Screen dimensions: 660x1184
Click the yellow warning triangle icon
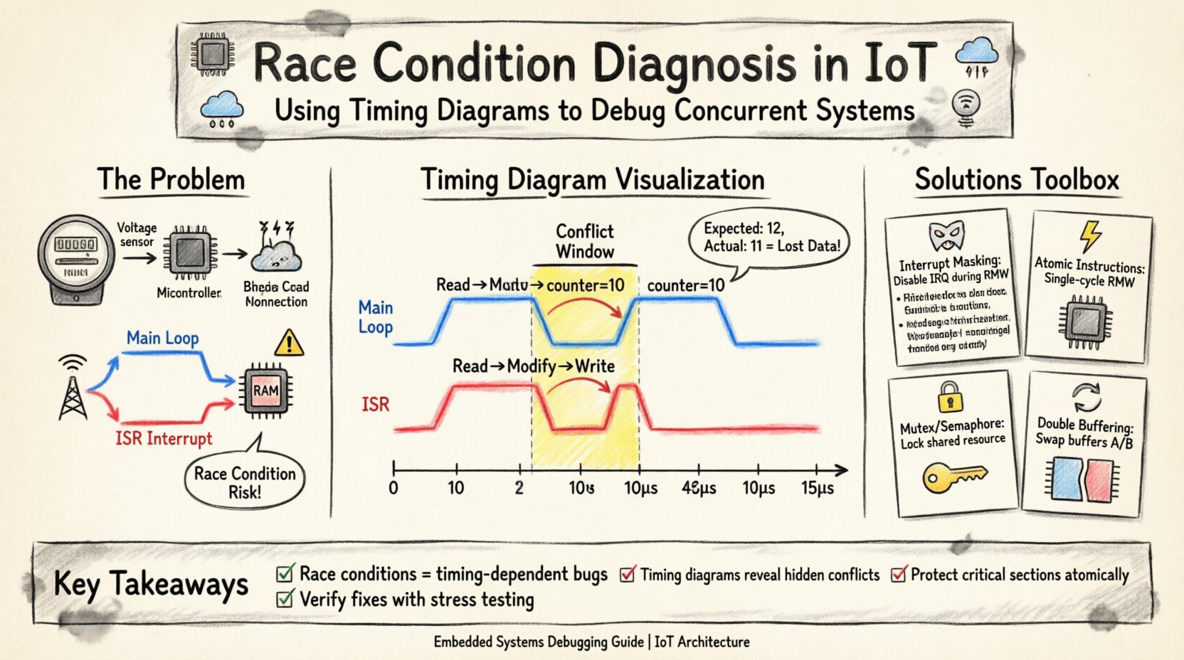288,344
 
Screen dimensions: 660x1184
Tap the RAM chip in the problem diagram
265,390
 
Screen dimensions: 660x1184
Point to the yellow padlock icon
949,397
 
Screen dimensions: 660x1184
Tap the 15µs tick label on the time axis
817,489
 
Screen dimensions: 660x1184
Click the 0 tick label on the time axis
393,489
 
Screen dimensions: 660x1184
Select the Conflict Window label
584,241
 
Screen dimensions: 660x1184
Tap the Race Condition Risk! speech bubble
244,482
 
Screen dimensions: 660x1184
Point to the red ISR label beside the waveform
375,405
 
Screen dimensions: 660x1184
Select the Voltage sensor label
137,234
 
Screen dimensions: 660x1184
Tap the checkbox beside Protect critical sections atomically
899,573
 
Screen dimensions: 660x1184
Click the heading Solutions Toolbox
1016,179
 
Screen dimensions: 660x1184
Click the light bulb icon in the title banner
966,107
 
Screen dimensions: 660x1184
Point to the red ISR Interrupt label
164,438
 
